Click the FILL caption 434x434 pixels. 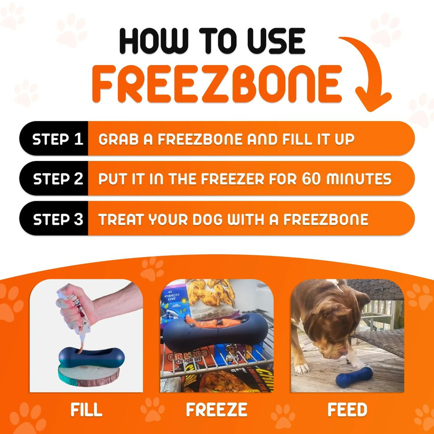click(x=86, y=410)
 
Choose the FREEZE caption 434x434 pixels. click(x=217, y=410)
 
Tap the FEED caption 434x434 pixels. click(x=347, y=410)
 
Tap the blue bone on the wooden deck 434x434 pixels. click(x=355, y=377)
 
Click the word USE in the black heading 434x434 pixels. click(x=267, y=42)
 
